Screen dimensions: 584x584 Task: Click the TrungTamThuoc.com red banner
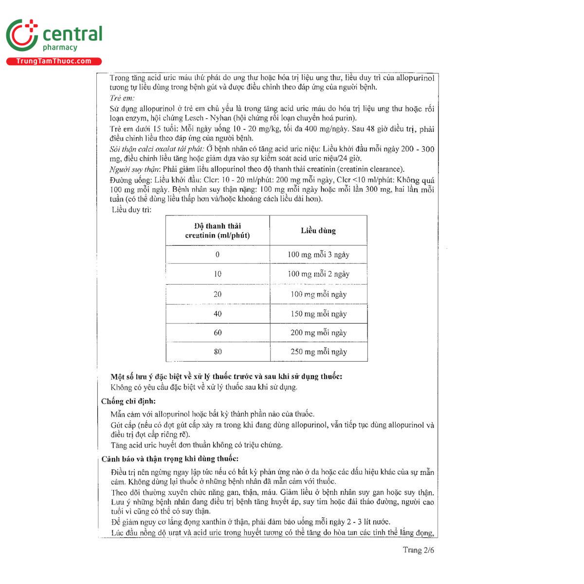coord(54,61)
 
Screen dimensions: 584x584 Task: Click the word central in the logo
coord(73,34)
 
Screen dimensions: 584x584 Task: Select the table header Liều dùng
coord(318,231)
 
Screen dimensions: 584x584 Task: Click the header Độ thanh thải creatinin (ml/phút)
coord(218,231)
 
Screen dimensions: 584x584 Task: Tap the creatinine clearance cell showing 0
coord(218,255)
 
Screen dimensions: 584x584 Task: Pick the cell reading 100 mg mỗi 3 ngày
coord(318,255)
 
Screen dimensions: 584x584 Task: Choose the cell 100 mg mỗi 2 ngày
coord(318,274)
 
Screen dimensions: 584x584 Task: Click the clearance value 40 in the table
coord(218,314)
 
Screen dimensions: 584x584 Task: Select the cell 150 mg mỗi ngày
coord(318,314)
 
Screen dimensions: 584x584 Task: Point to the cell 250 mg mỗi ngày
coord(318,352)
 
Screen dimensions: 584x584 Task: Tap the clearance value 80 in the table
coord(218,352)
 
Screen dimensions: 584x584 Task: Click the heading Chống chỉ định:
coord(128,401)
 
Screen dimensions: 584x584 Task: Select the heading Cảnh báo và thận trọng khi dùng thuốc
coord(170,459)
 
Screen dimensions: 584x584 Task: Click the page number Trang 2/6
coord(418,550)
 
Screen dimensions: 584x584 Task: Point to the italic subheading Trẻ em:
coord(122,98)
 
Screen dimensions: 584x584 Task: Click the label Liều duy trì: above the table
coord(131,210)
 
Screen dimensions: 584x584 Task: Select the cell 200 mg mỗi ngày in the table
coord(318,333)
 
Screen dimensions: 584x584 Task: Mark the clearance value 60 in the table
coord(218,333)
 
